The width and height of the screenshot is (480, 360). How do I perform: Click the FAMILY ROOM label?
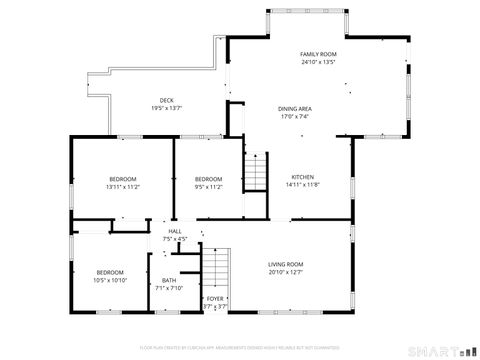tap(318, 53)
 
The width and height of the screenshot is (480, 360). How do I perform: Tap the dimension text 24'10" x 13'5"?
tap(318, 62)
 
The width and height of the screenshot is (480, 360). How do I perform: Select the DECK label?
tap(167, 100)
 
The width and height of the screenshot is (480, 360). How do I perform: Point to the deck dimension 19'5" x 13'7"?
tap(167, 108)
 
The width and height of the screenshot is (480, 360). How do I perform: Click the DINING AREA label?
tap(294, 108)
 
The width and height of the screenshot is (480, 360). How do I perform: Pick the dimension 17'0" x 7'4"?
tap(294, 117)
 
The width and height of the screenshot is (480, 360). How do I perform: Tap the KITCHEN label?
tap(302, 176)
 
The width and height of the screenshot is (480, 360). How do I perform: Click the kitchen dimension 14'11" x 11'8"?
tap(302, 185)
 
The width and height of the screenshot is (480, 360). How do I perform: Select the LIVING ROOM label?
tap(285, 264)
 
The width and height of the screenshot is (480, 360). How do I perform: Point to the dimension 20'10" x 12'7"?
tap(285, 272)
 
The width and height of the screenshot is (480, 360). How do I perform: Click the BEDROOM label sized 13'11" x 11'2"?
tap(122, 178)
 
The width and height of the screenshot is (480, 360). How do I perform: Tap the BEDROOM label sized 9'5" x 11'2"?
tap(208, 178)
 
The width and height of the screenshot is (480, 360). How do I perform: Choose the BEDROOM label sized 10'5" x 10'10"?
tap(110, 272)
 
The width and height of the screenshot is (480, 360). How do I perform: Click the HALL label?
tap(174, 231)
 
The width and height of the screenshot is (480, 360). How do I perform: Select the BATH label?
tap(169, 280)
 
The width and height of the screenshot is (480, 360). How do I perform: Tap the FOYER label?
tap(215, 298)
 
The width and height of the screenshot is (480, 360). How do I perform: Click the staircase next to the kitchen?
tap(257, 171)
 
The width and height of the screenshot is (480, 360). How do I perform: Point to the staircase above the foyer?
tap(217, 267)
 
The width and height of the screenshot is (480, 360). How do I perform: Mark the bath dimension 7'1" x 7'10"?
tap(169, 288)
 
